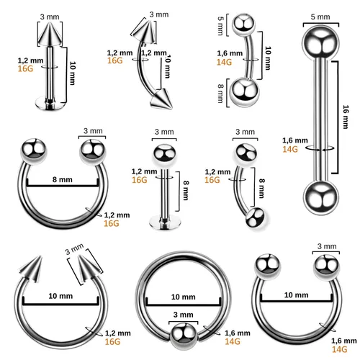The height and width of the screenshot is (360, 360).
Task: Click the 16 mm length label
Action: (x=346, y=117)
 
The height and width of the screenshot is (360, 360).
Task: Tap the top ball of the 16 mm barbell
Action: (x=320, y=43)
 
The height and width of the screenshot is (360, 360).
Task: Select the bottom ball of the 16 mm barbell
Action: (x=321, y=197)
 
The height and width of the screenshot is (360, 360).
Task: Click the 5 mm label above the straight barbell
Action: (x=320, y=17)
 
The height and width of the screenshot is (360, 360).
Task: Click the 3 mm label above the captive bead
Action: (x=184, y=315)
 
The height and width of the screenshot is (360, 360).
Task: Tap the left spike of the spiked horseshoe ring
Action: (x=31, y=269)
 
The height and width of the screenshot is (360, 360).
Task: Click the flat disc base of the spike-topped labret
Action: (x=50, y=103)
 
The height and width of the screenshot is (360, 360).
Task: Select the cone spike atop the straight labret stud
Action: (x=50, y=34)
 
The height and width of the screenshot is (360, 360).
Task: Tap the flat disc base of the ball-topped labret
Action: (x=164, y=222)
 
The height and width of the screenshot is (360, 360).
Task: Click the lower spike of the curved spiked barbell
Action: (x=161, y=99)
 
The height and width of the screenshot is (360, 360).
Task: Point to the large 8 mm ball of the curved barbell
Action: (x=243, y=93)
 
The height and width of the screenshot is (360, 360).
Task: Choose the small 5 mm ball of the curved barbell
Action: (x=243, y=24)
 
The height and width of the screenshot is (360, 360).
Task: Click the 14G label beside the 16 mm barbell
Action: (x=290, y=149)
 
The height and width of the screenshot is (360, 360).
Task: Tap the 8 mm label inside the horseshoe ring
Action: (x=63, y=179)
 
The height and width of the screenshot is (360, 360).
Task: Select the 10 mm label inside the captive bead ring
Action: (x=183, y=297)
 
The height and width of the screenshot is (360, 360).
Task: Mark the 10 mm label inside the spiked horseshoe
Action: (x=60, y=296)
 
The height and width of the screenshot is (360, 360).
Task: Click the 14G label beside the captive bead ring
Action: (x=233, y=341)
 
